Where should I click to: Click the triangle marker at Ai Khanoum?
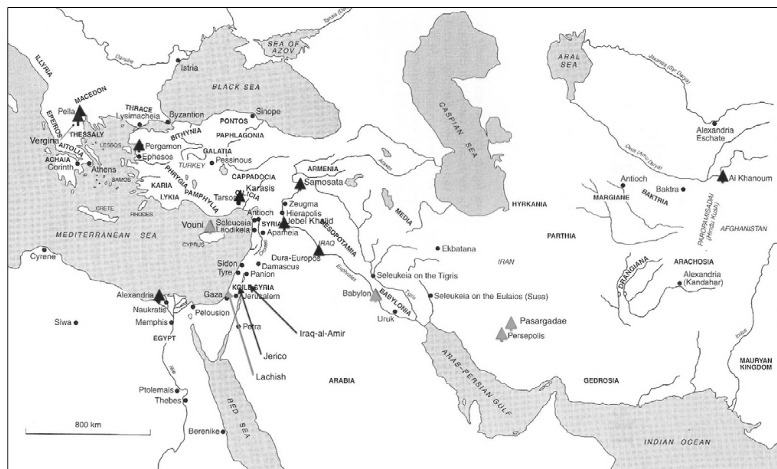tap(723, 177)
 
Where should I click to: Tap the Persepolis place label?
tap(526, 336)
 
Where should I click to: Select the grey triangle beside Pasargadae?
tap(511, 323)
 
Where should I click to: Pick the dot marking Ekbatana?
tap(437, 249)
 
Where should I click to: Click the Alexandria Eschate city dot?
tap(714, 123)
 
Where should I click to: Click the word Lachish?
tap(271, 377)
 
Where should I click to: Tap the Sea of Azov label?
tap(283, 48)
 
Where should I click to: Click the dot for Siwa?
tap(76, 323)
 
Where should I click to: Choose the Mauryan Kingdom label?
tap(756, 364)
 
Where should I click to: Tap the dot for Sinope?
tap(253, 116)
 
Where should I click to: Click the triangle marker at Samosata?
tap(300, 184)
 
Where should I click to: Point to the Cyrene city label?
tap(43, 256)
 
